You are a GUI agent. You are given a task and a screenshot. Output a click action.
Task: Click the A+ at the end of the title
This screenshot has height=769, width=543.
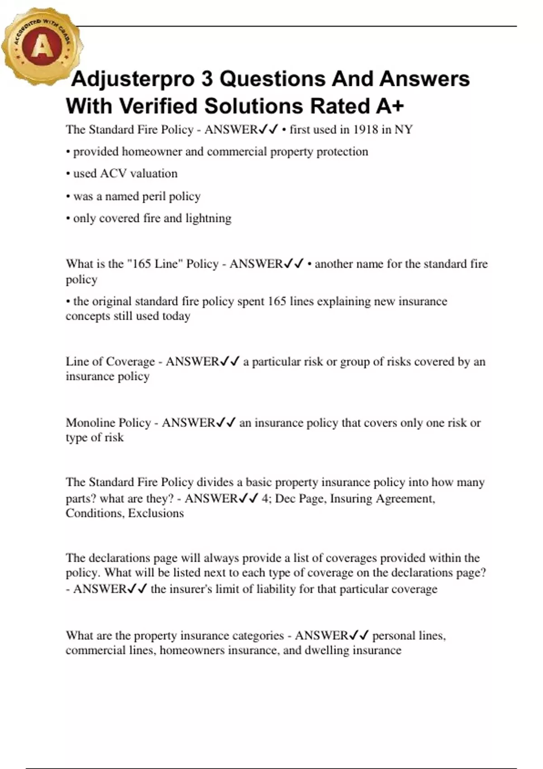[x=389, y=106]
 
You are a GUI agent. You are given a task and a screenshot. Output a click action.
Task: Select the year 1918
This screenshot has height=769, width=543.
[x=365, y=130]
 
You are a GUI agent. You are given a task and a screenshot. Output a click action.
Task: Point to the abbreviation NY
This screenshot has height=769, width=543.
[x=404, y=130]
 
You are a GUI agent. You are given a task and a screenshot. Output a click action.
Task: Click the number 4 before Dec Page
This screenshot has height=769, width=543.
[x=265, y=498]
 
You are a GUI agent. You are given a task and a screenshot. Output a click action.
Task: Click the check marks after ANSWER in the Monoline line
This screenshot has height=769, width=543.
[x=226, y=422]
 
